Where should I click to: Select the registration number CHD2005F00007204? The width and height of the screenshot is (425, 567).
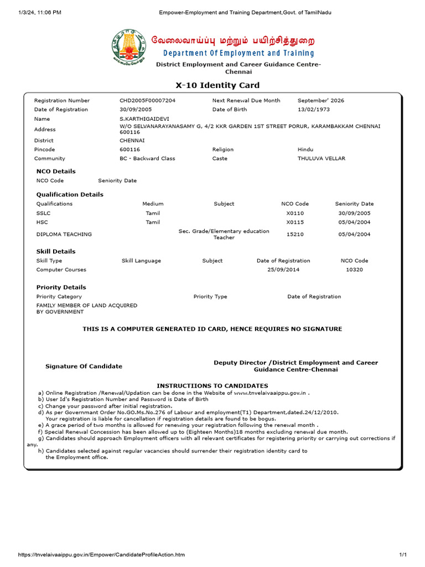(x=147, y=101)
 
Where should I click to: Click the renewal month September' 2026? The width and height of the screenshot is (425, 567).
(x=320, y=101)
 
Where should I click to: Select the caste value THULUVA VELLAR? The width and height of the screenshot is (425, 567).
(x=321, y=158)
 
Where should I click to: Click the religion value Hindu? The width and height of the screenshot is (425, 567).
(x=305, y=150)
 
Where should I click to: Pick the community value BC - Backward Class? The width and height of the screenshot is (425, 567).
(x=147, y=158)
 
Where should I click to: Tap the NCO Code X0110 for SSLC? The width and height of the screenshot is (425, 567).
(x=295, y=213)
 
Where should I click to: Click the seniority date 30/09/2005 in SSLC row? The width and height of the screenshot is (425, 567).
(x=354, y=213)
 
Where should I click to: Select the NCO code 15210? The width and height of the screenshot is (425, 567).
(x=295, y=234)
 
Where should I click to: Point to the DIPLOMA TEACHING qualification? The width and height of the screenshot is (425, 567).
(x=64, y=234)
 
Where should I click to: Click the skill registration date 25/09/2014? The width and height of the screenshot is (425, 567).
(x=283, y=270)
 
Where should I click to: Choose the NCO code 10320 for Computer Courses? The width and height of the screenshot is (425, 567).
(x=354, y=270)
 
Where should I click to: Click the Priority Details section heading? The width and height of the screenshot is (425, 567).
(x=61, y=287)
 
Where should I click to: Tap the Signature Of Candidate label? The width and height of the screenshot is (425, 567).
(x=84, y=367)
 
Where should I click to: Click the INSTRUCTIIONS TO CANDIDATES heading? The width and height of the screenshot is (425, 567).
(x=212, y=385)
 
